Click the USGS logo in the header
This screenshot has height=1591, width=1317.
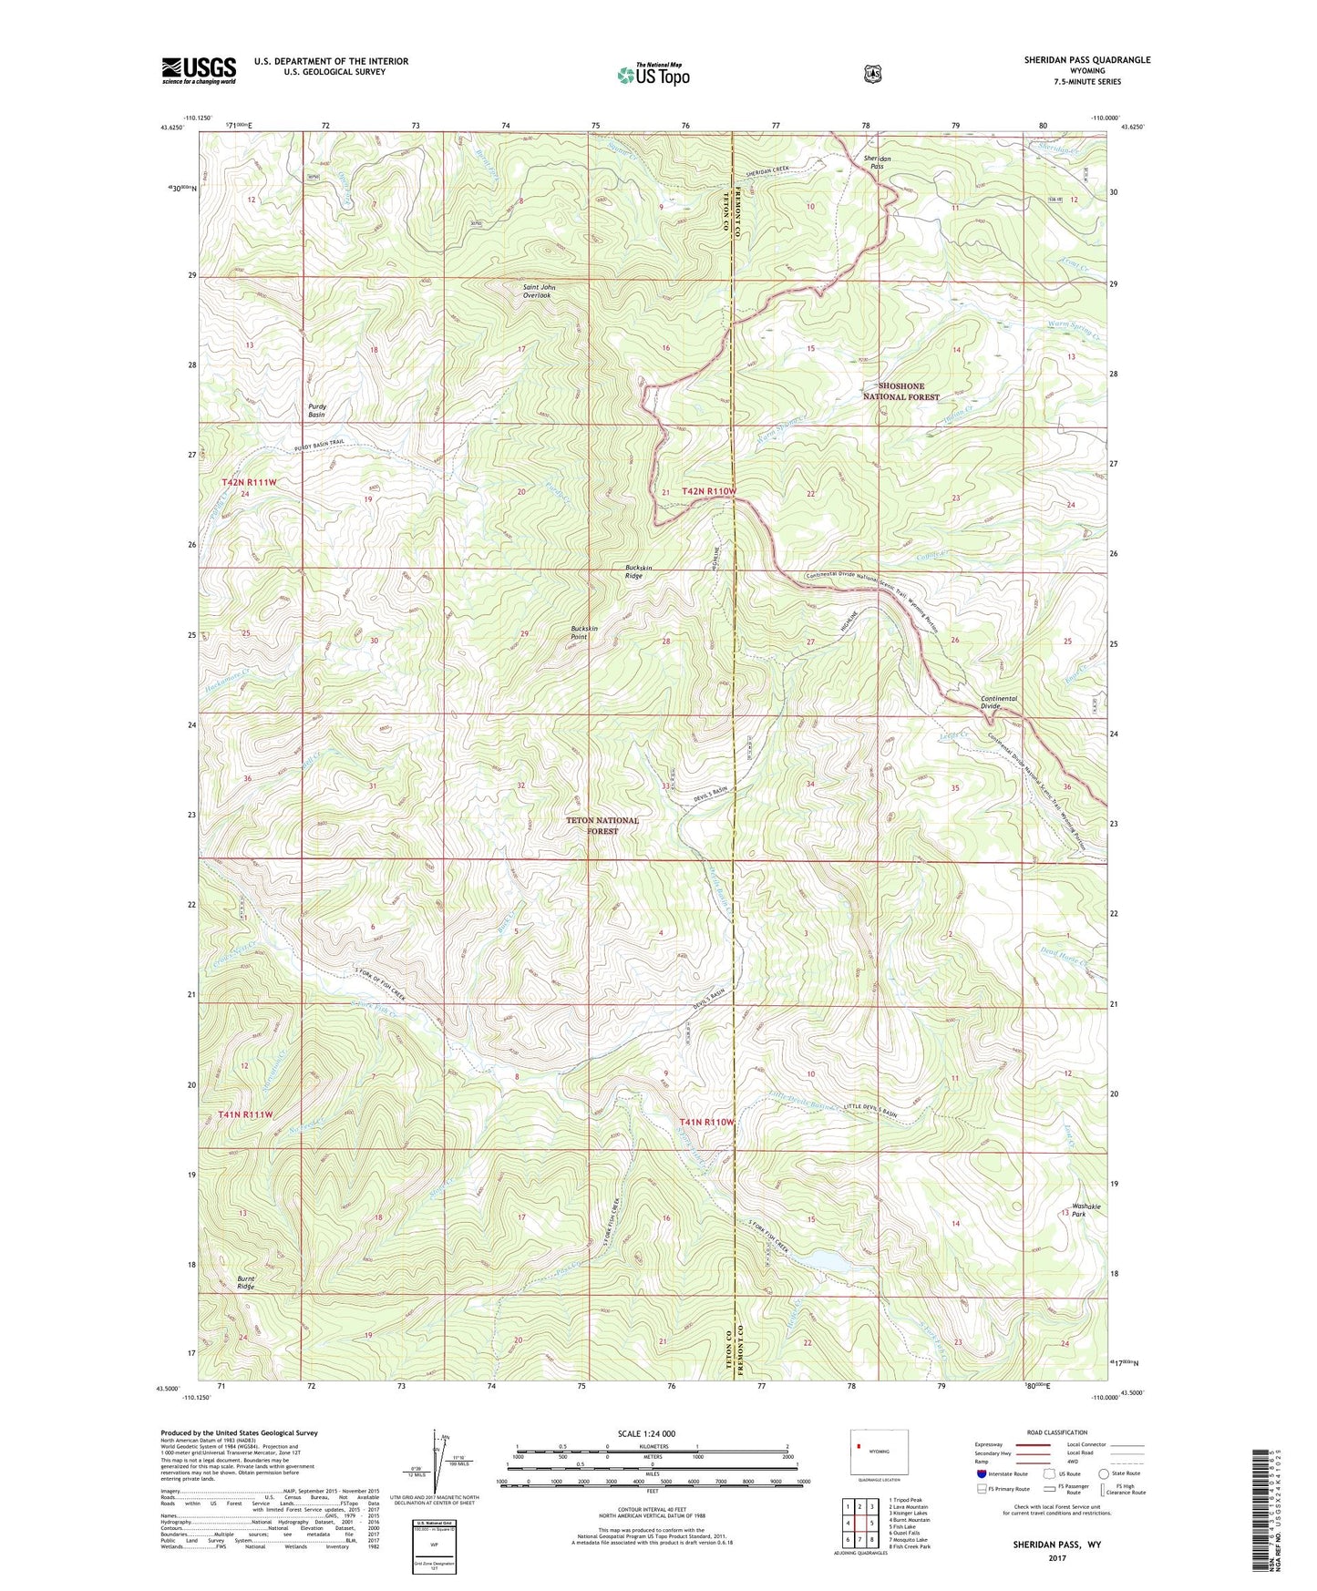[199, 70]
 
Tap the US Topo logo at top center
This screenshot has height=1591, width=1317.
[652, 75]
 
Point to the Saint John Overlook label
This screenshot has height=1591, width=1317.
[538, 292]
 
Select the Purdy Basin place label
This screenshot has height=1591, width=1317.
[316, 410]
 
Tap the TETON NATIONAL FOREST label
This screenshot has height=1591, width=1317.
[602, 826]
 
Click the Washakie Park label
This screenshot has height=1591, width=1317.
[1085, 1210]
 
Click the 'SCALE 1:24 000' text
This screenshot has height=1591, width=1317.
[646, 1433]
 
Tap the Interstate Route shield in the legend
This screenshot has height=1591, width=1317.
[981, 1473]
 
